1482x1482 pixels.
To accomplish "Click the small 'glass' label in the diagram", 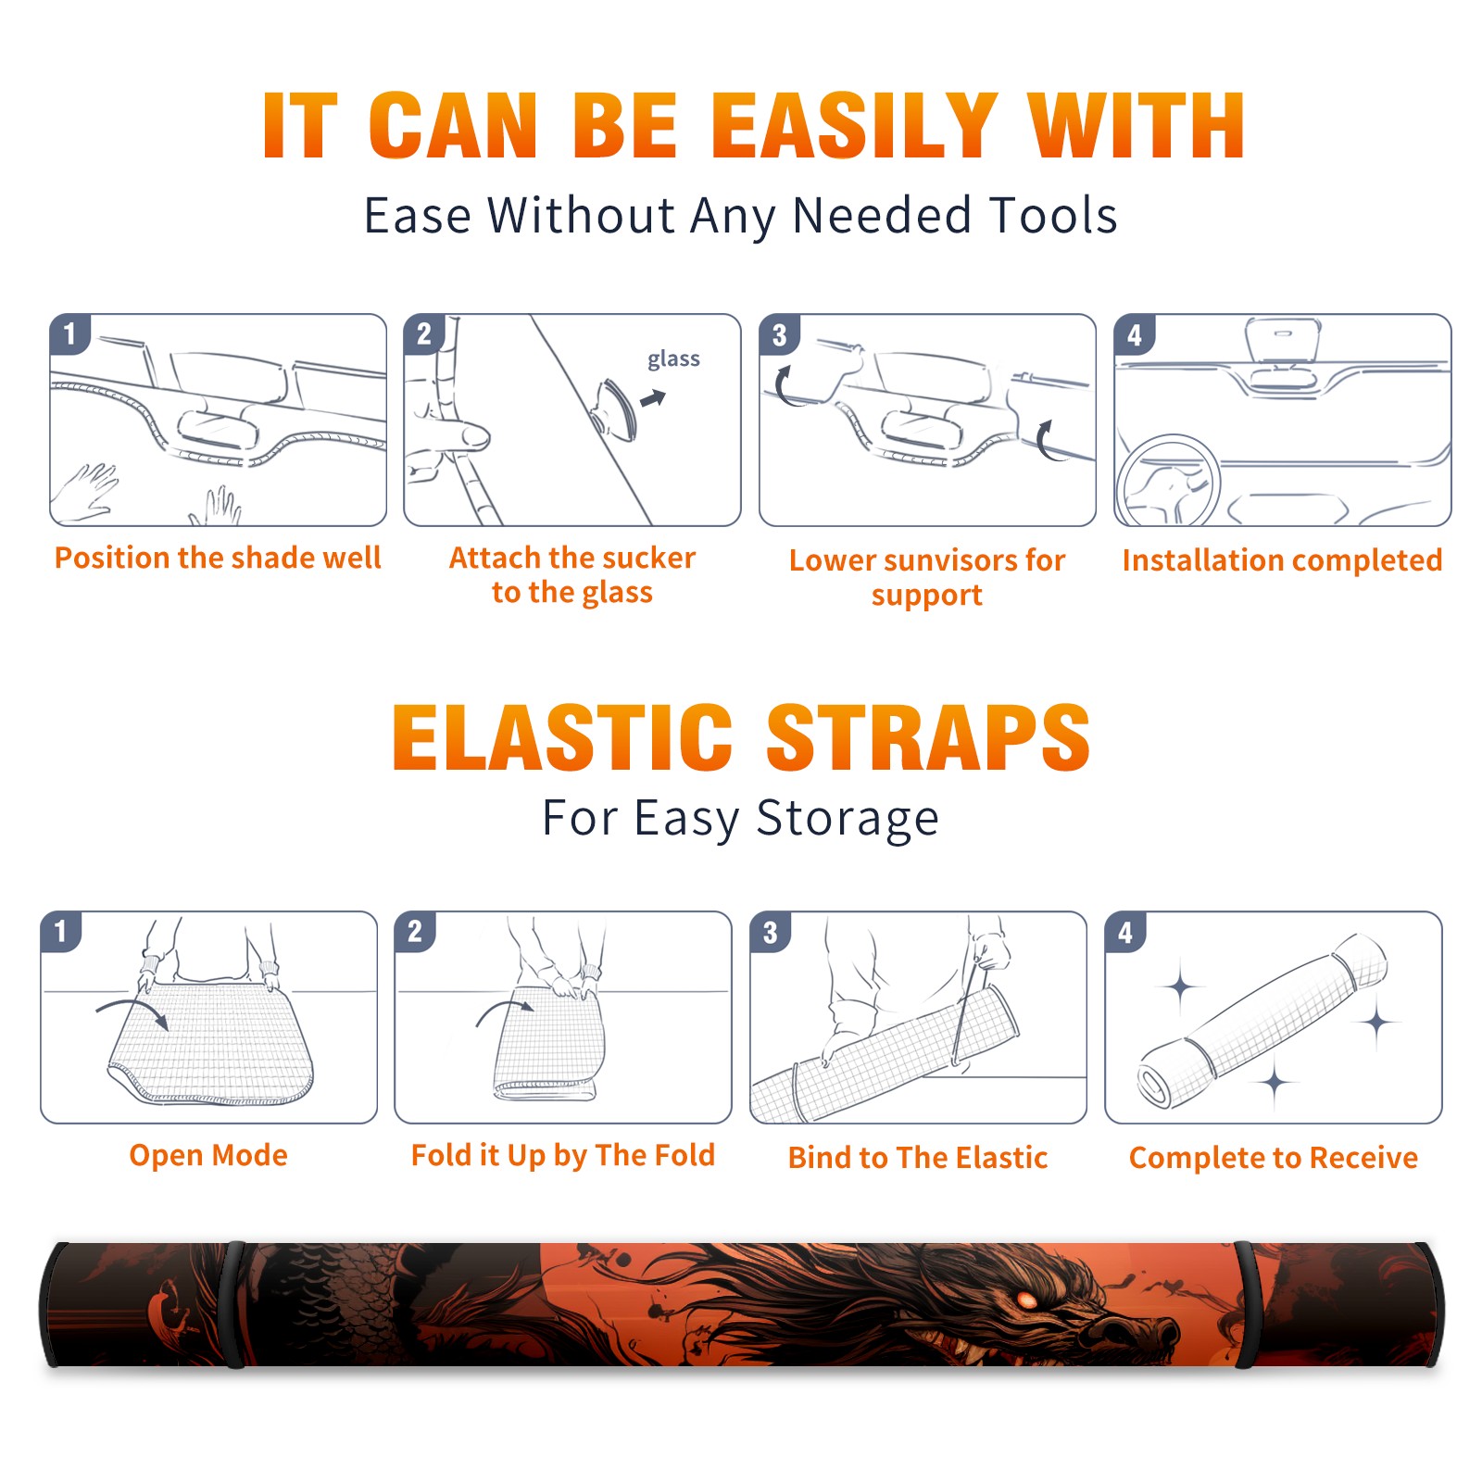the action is pos(673,359).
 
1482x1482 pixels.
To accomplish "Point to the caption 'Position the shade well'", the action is pos(218,558).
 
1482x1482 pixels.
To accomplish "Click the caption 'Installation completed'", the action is pos(1282,559).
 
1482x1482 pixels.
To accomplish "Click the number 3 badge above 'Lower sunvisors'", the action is pos(779,334).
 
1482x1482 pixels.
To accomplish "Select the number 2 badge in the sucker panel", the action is pos(423,333).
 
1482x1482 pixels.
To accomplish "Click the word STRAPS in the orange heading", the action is pos(928,737).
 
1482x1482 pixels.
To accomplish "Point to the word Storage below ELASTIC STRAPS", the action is pos(848,819).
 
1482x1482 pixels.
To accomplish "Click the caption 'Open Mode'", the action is pos(208,1155).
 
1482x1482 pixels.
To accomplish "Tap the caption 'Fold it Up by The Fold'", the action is pos(563,1155).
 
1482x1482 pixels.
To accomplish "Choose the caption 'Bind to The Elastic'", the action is pos(917,1158).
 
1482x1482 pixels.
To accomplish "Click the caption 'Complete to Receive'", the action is pos(1274,1158).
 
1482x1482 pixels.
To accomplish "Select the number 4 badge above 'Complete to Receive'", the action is pos(1125,932).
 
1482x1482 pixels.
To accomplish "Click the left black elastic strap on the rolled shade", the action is pos(234,1305).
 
